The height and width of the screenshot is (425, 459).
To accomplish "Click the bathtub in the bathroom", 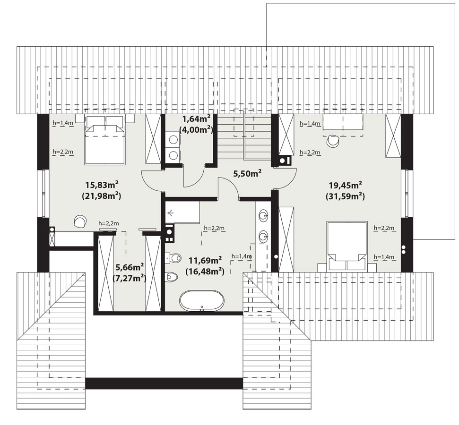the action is (202, 301).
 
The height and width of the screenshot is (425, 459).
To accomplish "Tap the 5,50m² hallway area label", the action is (247, 173).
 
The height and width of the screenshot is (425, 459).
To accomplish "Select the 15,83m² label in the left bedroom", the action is (102, 185).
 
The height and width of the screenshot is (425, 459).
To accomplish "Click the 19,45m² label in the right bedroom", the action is (346, 185).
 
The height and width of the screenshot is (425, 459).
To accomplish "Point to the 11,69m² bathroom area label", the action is (205, 260).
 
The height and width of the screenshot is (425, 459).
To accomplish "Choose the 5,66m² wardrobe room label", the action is (130, 267).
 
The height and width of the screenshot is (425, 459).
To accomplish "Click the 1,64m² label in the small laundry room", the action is (197, 119).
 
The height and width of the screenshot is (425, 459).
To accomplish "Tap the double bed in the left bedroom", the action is (105, 140).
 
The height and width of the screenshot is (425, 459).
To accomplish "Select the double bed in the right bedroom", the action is (347, 246).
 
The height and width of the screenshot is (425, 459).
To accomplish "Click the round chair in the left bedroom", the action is (80, 221).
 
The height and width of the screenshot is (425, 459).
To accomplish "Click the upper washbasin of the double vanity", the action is (263, 216).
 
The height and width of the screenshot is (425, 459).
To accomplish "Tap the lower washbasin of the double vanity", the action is (263, 236).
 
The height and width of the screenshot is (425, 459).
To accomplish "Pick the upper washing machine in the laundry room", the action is (173, 139).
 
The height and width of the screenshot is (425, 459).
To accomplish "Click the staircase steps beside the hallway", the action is (244, 137).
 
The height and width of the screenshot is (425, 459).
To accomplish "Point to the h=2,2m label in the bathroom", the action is (214, 228).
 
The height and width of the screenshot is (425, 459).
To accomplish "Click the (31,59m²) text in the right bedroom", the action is (346, 196).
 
